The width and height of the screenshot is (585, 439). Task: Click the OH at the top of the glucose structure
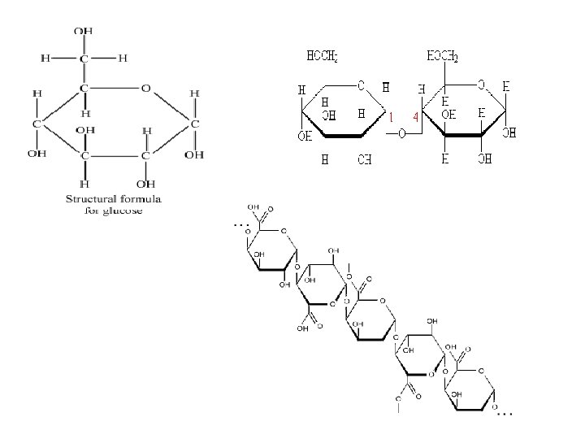point(84,31)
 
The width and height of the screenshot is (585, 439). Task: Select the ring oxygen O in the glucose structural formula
point(145,88)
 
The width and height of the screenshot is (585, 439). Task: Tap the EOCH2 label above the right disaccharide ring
point(443,57)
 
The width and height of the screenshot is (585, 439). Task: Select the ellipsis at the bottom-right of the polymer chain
point(505,414)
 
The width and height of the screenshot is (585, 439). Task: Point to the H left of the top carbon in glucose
point(45,58)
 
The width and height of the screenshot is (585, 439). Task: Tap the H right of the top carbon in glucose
point(123,58)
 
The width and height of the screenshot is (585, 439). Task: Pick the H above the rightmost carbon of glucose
point(195,93)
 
